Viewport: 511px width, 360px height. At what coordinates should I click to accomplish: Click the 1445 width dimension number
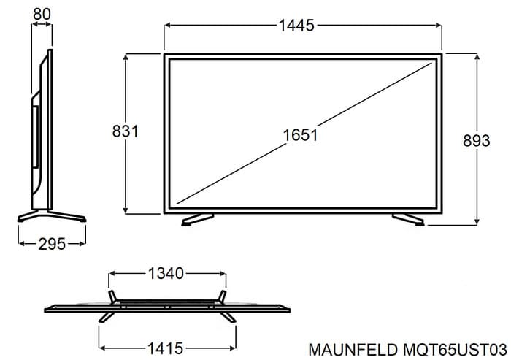point(296,26)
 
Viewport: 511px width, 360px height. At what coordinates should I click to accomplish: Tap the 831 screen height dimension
point(126,131)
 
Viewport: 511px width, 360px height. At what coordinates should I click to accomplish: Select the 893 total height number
point(477,141)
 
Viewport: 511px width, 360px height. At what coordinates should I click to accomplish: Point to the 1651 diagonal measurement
point(300,134)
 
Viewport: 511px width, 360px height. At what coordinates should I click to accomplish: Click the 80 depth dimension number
point(42,14)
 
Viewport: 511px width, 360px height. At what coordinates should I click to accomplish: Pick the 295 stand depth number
point(52,244)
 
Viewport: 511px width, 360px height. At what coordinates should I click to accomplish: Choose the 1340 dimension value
point(166,274)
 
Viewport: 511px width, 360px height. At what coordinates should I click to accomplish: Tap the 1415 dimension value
point(166,348)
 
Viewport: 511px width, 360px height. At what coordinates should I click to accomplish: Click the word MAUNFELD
point(353,350)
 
